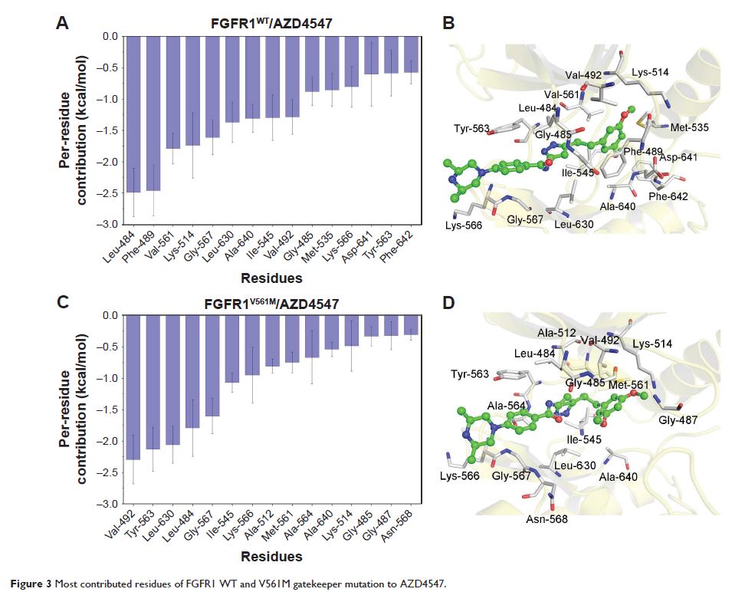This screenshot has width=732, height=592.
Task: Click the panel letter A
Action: click(x=65, y=24)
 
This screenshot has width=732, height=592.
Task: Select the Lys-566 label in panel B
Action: click(x=465, y=225)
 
